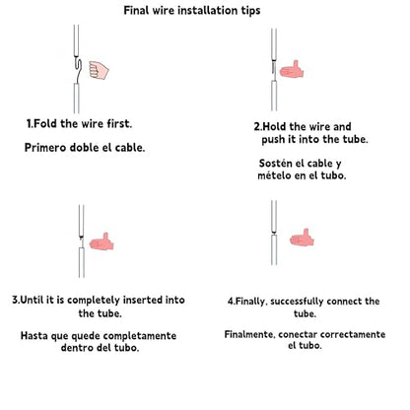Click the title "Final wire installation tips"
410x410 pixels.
(192, 11)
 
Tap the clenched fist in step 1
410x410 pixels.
(99, 70)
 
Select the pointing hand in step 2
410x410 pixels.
(292, 70)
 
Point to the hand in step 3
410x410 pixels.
(102, 241)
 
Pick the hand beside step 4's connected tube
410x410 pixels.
(302, 238)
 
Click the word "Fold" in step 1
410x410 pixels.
(45, 124)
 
